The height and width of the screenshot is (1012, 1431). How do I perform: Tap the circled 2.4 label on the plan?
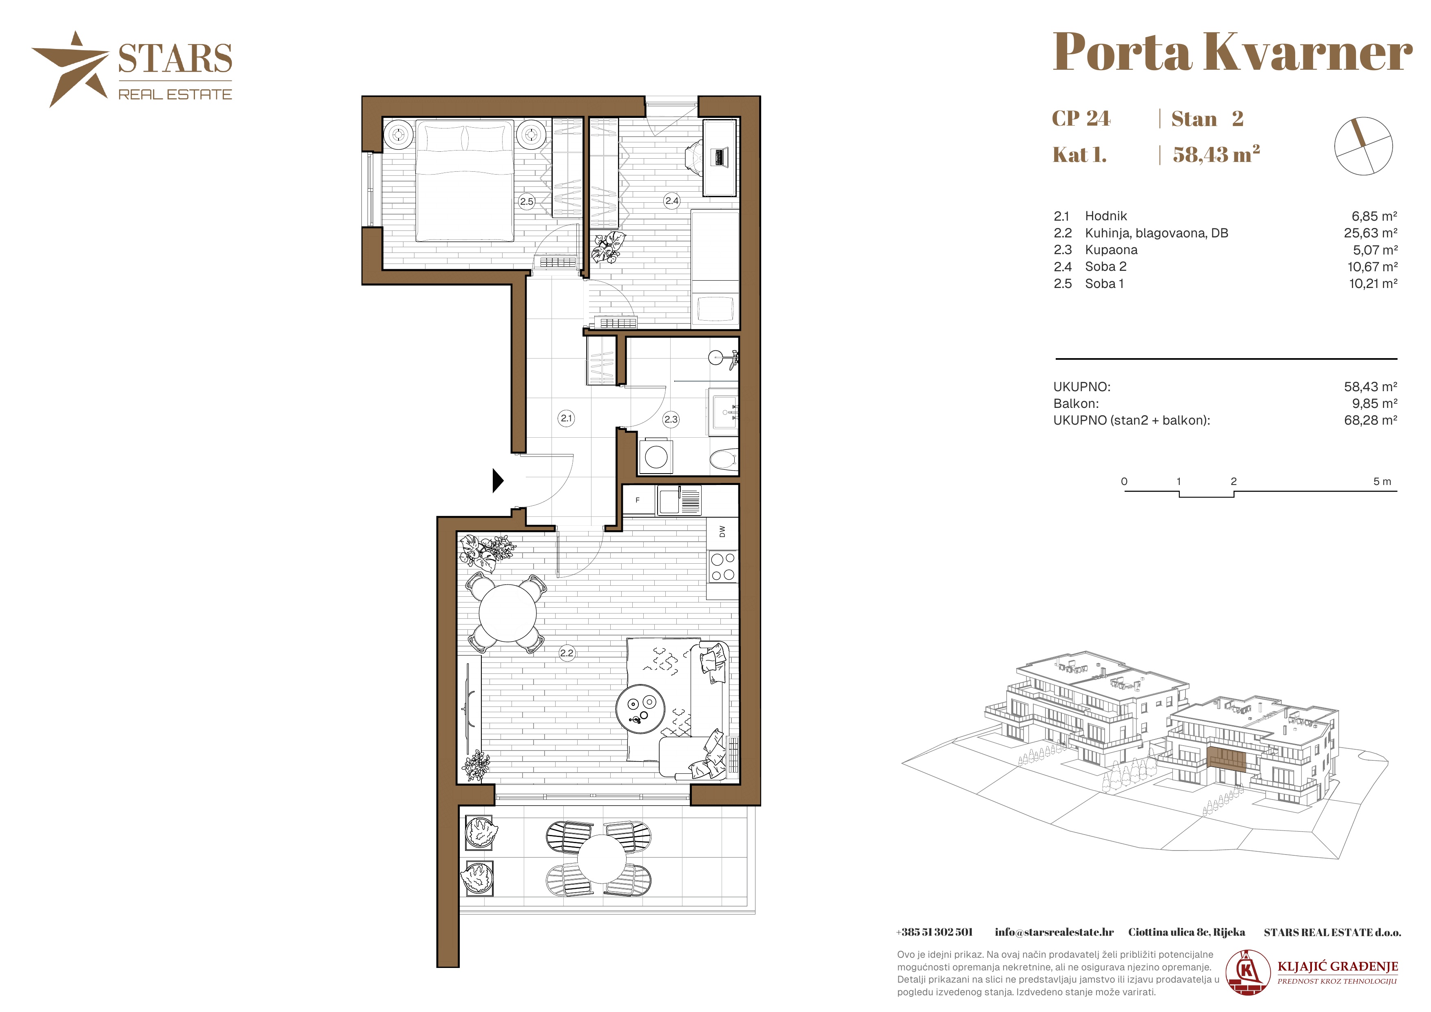click(x=672, y=201)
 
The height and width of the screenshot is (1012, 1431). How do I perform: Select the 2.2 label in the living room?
click(x=567, y=653)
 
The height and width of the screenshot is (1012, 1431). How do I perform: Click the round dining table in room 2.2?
click(x=508, y=613)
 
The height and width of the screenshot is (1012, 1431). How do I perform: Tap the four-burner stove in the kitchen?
click(x=723, y=567)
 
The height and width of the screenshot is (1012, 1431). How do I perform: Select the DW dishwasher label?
click(x=722, y=531)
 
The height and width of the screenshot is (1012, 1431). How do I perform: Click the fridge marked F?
click(x=638, y=500)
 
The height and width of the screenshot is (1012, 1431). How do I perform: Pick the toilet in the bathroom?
click(x=724, y=460)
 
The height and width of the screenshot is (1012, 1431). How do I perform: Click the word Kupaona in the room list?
click(x=1111, y=250)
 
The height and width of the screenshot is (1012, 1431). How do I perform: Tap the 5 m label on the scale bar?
click(x=1382, y=481)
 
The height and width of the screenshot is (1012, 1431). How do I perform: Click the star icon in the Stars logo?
click(x=71, y=69)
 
